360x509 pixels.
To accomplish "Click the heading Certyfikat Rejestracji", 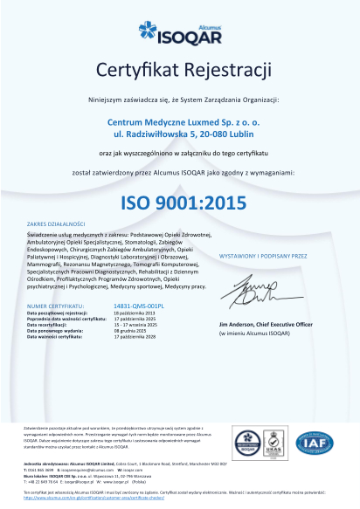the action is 180,69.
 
